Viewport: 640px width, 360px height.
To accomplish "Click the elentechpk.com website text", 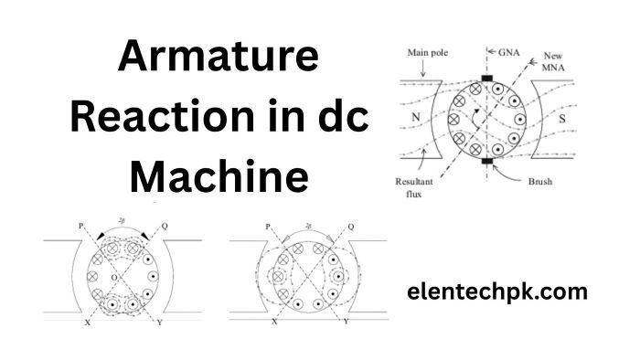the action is [497, 293].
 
